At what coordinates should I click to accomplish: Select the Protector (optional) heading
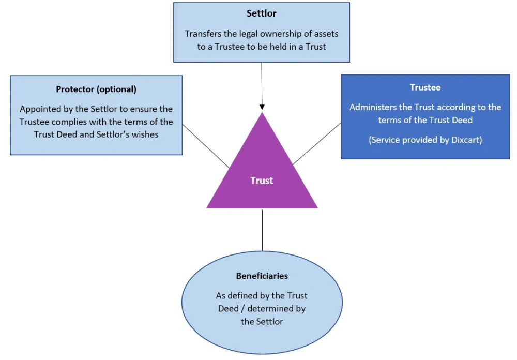click(x=96, y=89)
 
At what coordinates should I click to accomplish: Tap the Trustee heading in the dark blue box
click(x=425, y=87)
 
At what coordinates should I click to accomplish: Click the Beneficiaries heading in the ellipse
click(x=262, y=276)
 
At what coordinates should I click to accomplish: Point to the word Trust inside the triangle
click(x=262, y=181)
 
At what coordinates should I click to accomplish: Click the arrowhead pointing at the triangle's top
click(x=262, y=107)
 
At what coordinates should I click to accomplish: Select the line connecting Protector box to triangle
click(x=206, y=146)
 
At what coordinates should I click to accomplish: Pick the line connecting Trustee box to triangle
click(x=317, y=143)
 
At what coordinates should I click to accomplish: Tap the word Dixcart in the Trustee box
click(x=464, y=140)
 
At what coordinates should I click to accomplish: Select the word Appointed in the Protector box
click(x=40, y=109)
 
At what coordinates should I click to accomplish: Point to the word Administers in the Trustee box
click(x=373, y=107)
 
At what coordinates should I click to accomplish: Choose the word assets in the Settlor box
click(x=326, y=34)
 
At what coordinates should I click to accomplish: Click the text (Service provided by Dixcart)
click(x=425, y=140)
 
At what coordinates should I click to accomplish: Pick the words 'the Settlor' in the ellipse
click(x=262, y=321)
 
